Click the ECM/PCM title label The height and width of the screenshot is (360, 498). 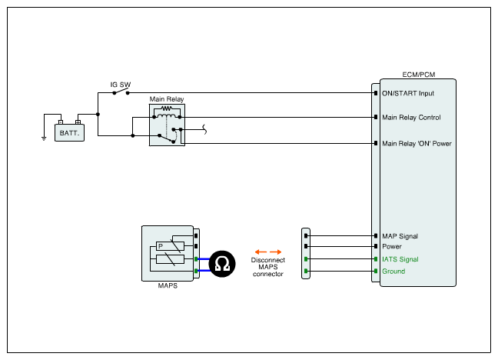pos(418,75)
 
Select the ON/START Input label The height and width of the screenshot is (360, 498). pos(408,93)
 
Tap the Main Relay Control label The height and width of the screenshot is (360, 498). pos(411,118)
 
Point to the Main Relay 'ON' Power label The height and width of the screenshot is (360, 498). pos(417,143)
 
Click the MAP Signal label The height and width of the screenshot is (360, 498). pos(400,236)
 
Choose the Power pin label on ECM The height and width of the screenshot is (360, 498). pos(392,247)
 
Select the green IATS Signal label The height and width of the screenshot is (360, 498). pos(400,259)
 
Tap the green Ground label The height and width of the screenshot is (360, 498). pos(393,272)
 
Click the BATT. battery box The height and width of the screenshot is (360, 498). pos(69,132)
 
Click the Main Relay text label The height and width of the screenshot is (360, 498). pos(165,100)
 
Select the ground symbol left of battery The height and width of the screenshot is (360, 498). pos(44,139)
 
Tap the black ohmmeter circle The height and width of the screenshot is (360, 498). pos(222,265)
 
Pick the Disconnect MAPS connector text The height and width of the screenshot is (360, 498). pos(268,267)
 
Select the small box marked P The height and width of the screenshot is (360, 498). pos(161,246)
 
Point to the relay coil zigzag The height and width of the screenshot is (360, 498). pos(165,110)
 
